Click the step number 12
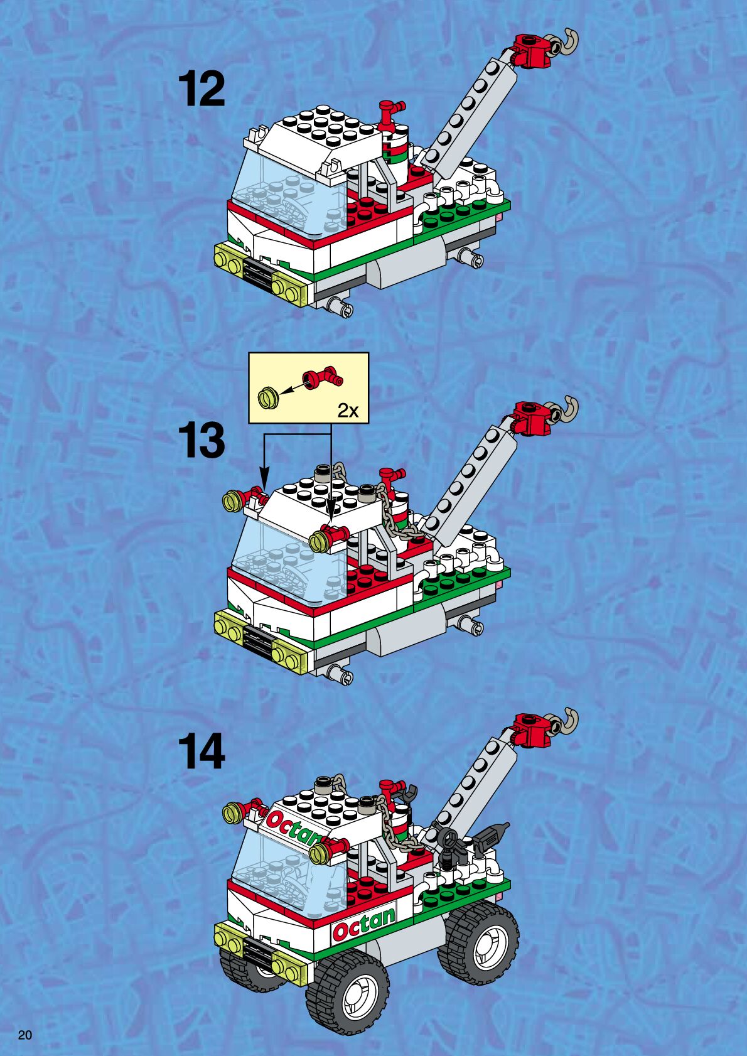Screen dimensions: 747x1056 click(x=202, y=89)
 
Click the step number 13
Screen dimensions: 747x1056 click(x=202, y=441)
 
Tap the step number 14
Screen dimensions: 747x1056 click(x=202, y=751)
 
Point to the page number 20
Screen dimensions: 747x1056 click(x=25, y=1035)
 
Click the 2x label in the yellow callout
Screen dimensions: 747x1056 click(x=348, y=411)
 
